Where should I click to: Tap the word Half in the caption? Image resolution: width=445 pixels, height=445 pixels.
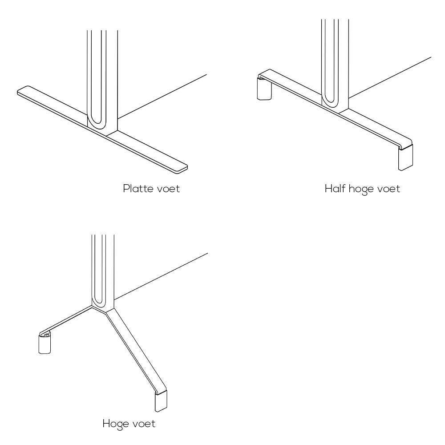(x=335, y=189)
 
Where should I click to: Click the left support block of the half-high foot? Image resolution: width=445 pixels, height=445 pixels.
(x=264, y=89)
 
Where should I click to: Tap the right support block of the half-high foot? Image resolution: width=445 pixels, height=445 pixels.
(x=405, y=158)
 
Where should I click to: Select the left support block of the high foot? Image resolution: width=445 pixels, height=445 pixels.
(x=44, y=344)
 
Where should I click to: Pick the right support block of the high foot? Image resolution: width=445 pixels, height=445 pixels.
(x=161, y=401)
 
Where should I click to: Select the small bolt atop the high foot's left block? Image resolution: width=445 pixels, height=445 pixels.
(x=47, y=335)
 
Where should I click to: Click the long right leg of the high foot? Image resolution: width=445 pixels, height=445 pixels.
(x=136, y=352)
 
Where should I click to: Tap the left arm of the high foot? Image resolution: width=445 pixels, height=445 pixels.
(x=66, y=320)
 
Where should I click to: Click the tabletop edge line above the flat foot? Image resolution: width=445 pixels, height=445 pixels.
(x=162, y=97)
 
